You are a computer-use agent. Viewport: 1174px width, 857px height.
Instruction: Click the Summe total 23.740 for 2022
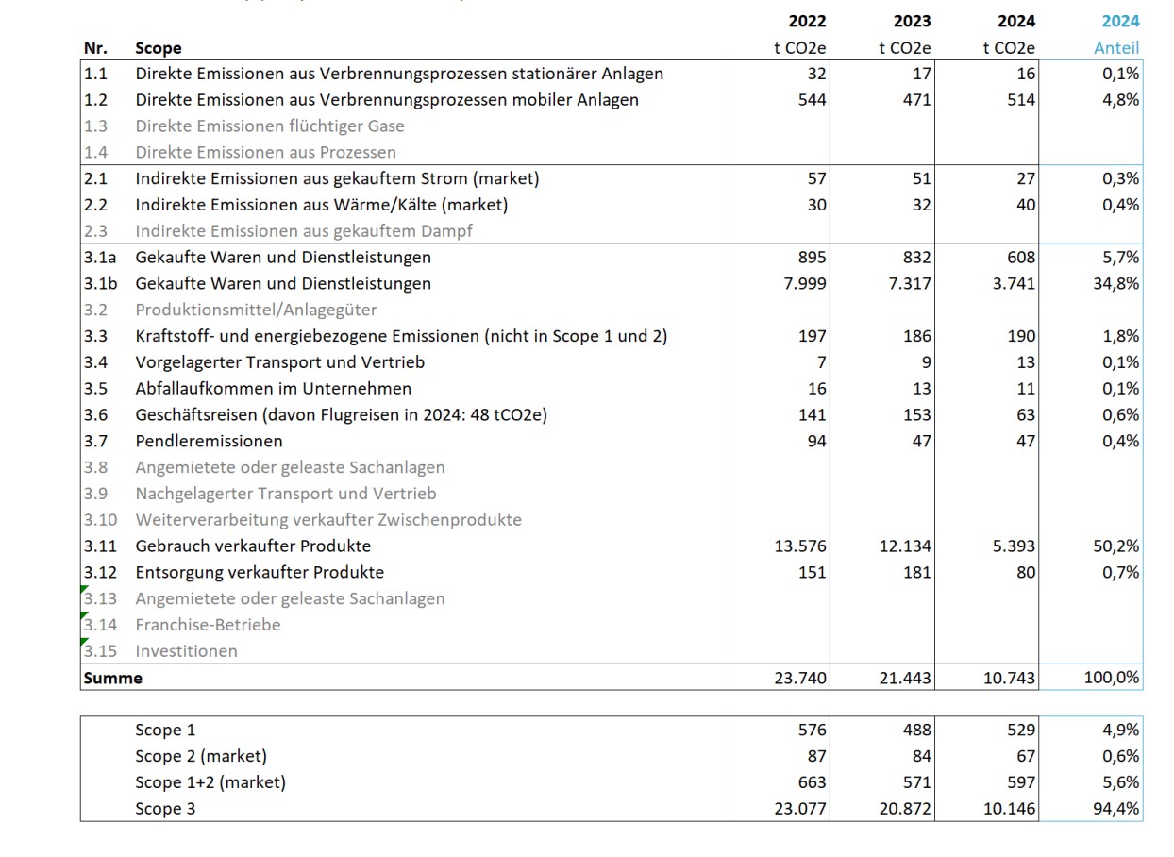click(x=800, y=678)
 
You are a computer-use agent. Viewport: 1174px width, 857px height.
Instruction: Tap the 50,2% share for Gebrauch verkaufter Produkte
click(x=1116, y=546)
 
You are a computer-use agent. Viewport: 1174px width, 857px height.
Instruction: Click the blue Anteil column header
click(x=1116, y=48)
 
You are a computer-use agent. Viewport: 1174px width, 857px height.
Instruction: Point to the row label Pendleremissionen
click(x=209, y=441)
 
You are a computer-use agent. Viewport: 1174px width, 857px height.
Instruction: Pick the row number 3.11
click(x=99, y=546)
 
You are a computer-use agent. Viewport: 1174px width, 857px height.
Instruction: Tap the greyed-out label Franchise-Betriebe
click(x=208, y=625)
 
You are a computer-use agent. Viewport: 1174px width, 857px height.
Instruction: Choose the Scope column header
click(x=158, y=48)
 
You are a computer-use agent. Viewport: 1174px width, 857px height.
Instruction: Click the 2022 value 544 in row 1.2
click(x=811, y=100)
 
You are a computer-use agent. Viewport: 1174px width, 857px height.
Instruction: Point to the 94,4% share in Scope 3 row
click(x=1116, y=809)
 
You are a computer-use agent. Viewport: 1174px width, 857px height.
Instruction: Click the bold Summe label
click(x=112, y=678)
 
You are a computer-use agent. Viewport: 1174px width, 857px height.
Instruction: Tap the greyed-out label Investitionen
click(x=186, y=651)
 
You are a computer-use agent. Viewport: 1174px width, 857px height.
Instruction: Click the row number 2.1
click(x=95, y=178)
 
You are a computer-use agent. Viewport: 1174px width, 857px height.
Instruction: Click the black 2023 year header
click(x=912, y=22)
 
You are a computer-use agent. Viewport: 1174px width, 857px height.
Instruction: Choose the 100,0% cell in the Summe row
click(x=1113, y=678)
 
